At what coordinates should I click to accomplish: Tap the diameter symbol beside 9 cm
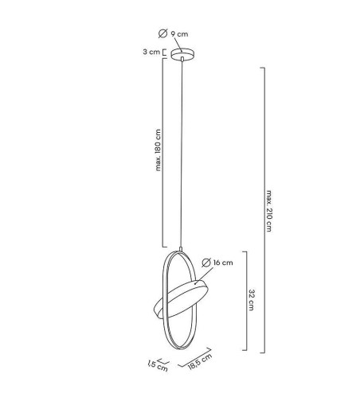coord(163,34)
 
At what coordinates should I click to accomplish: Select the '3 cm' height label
coord(148,53)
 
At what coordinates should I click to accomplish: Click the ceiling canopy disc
coord(182,54)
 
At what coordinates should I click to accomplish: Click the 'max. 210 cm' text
coord(270,210)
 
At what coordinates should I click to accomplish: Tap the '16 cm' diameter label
coord(224,262)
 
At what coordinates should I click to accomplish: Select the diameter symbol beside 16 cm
coord(206,262)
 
